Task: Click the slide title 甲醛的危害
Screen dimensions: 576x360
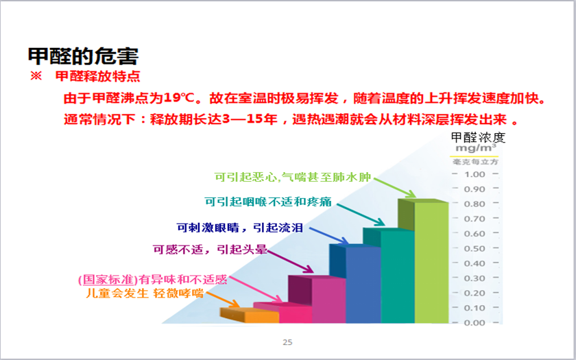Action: coord(84,56)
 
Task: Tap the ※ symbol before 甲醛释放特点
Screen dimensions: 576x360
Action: coord(36,76)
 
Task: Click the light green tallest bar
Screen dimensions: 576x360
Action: coord(431,262)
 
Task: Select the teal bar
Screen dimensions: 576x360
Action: coord(398,276)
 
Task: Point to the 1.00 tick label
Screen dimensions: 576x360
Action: coord(475,174)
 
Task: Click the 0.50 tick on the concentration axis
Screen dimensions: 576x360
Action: coord(475,248)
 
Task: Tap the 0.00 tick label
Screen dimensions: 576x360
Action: coord(475,322)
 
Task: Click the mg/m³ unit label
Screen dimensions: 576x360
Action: coord(476,148)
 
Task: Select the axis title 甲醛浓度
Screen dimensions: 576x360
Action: coord(478,137)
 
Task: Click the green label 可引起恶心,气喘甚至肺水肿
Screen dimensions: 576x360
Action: coord(293,178)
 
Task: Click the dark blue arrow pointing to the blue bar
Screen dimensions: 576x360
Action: coord(328,235)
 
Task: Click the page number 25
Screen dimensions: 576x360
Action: coord(287,342)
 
